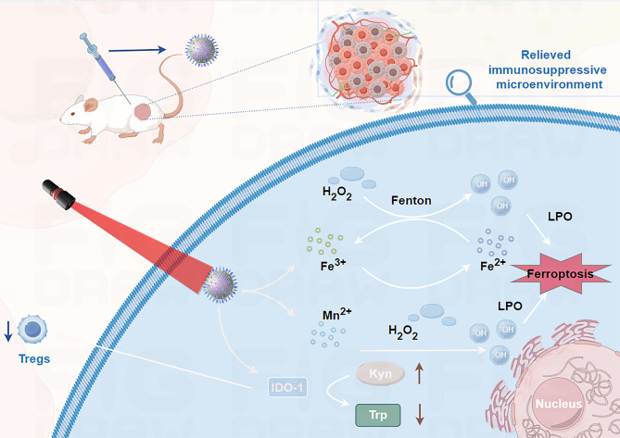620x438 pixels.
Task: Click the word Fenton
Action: pos(411,198)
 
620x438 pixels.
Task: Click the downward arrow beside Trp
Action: pos(419,413)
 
